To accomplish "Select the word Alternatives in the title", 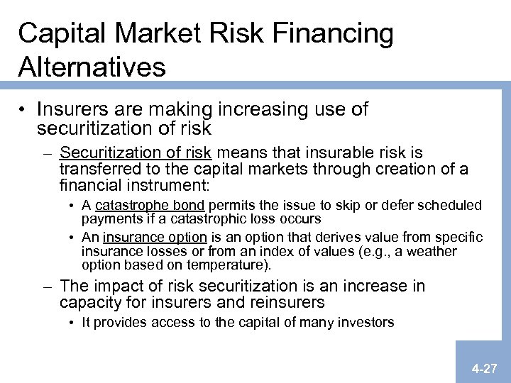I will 92,67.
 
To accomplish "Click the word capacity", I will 89,303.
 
